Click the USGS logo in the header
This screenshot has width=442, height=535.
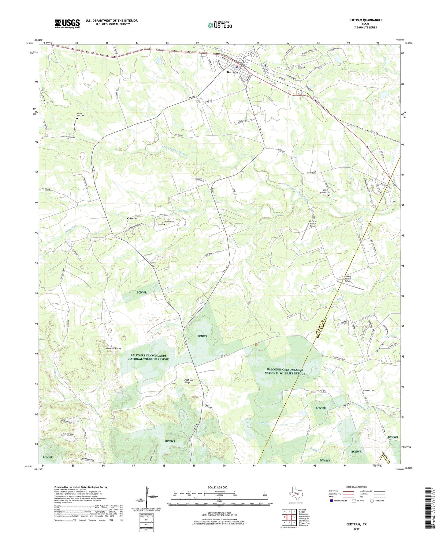point(67,24)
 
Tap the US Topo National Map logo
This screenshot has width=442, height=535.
point(220,25)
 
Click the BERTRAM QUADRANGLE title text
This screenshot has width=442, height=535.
point(365,20)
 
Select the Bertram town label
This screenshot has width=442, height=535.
point(232,72)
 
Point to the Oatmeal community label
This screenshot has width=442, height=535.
point(133,218)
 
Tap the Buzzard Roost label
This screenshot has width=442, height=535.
point(113,348)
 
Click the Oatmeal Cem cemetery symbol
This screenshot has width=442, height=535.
point(164,225)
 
